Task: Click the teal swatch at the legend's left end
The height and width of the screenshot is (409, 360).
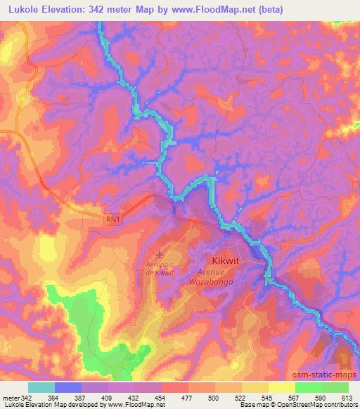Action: pos(41,387)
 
